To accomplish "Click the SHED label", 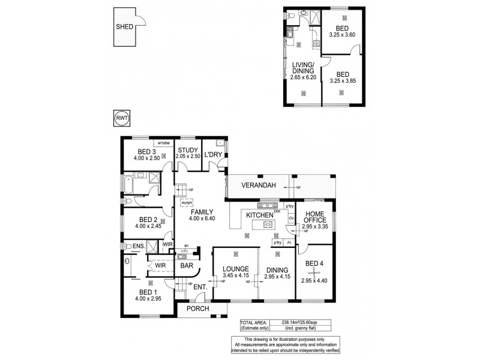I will pyautogui.click(x=124, y=26).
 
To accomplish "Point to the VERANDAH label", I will pyautogui.click(x=259, y=186).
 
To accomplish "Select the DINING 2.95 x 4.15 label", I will pyautogui.click(x=276, y=274).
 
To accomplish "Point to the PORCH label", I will pyautogui.click(x=198, y=309).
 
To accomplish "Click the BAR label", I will pyautogui.click(x=187, y=265).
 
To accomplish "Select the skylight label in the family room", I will pyautogui.click(x=186, y=203).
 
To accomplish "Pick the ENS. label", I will pyautogui.click(x=138, y=246).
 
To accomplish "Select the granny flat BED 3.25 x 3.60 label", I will pyautogui.click(x=343, y=31).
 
